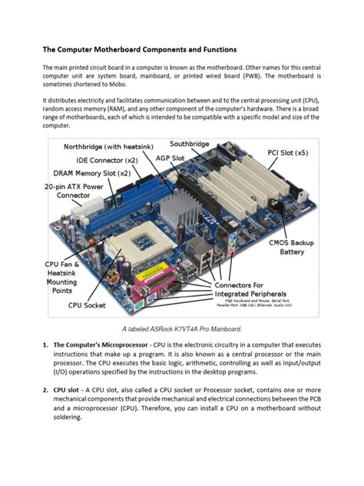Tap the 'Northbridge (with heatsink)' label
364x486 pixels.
coord(108,146)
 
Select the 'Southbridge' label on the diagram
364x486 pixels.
coord(189,144)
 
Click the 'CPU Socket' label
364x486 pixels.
coord(87,305)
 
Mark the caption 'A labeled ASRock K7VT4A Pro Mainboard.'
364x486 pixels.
coord(181,328)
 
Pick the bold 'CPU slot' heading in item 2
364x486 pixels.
coord(68,390)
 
